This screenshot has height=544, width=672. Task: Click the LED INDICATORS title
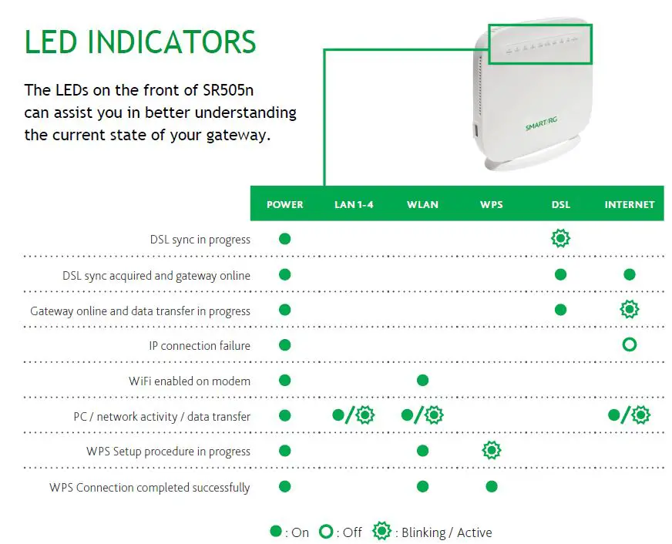pos(139,42)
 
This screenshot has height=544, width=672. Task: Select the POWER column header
pos(284,204)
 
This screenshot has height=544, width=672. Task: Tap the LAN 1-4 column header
pos(354,204)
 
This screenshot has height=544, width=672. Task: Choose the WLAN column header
pos(422,204)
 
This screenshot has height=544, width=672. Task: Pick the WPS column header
pos(491,204)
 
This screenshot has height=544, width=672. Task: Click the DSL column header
pos(560,204)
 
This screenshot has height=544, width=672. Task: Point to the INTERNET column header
pos(629,204)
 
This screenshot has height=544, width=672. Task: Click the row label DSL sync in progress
pos(200,240)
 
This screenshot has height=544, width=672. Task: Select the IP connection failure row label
pos(200,346)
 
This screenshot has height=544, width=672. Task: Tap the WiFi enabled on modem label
pos(190,381)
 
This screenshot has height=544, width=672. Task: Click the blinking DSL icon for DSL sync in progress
pos(560,239)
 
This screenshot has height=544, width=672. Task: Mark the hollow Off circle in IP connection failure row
pos(629,344)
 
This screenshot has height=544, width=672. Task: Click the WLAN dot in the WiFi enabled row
pos(422,380)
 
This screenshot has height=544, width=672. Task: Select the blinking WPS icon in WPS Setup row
pos(491,451)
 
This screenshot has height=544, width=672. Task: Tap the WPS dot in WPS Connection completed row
pos(491,486)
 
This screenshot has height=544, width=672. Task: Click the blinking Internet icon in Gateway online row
pos(630,310)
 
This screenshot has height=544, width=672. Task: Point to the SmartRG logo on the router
pos(541,122)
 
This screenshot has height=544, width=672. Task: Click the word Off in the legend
pos(351,532)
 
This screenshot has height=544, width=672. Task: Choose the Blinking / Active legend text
pos(446,532)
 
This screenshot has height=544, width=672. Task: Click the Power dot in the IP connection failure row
pos(284,344)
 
